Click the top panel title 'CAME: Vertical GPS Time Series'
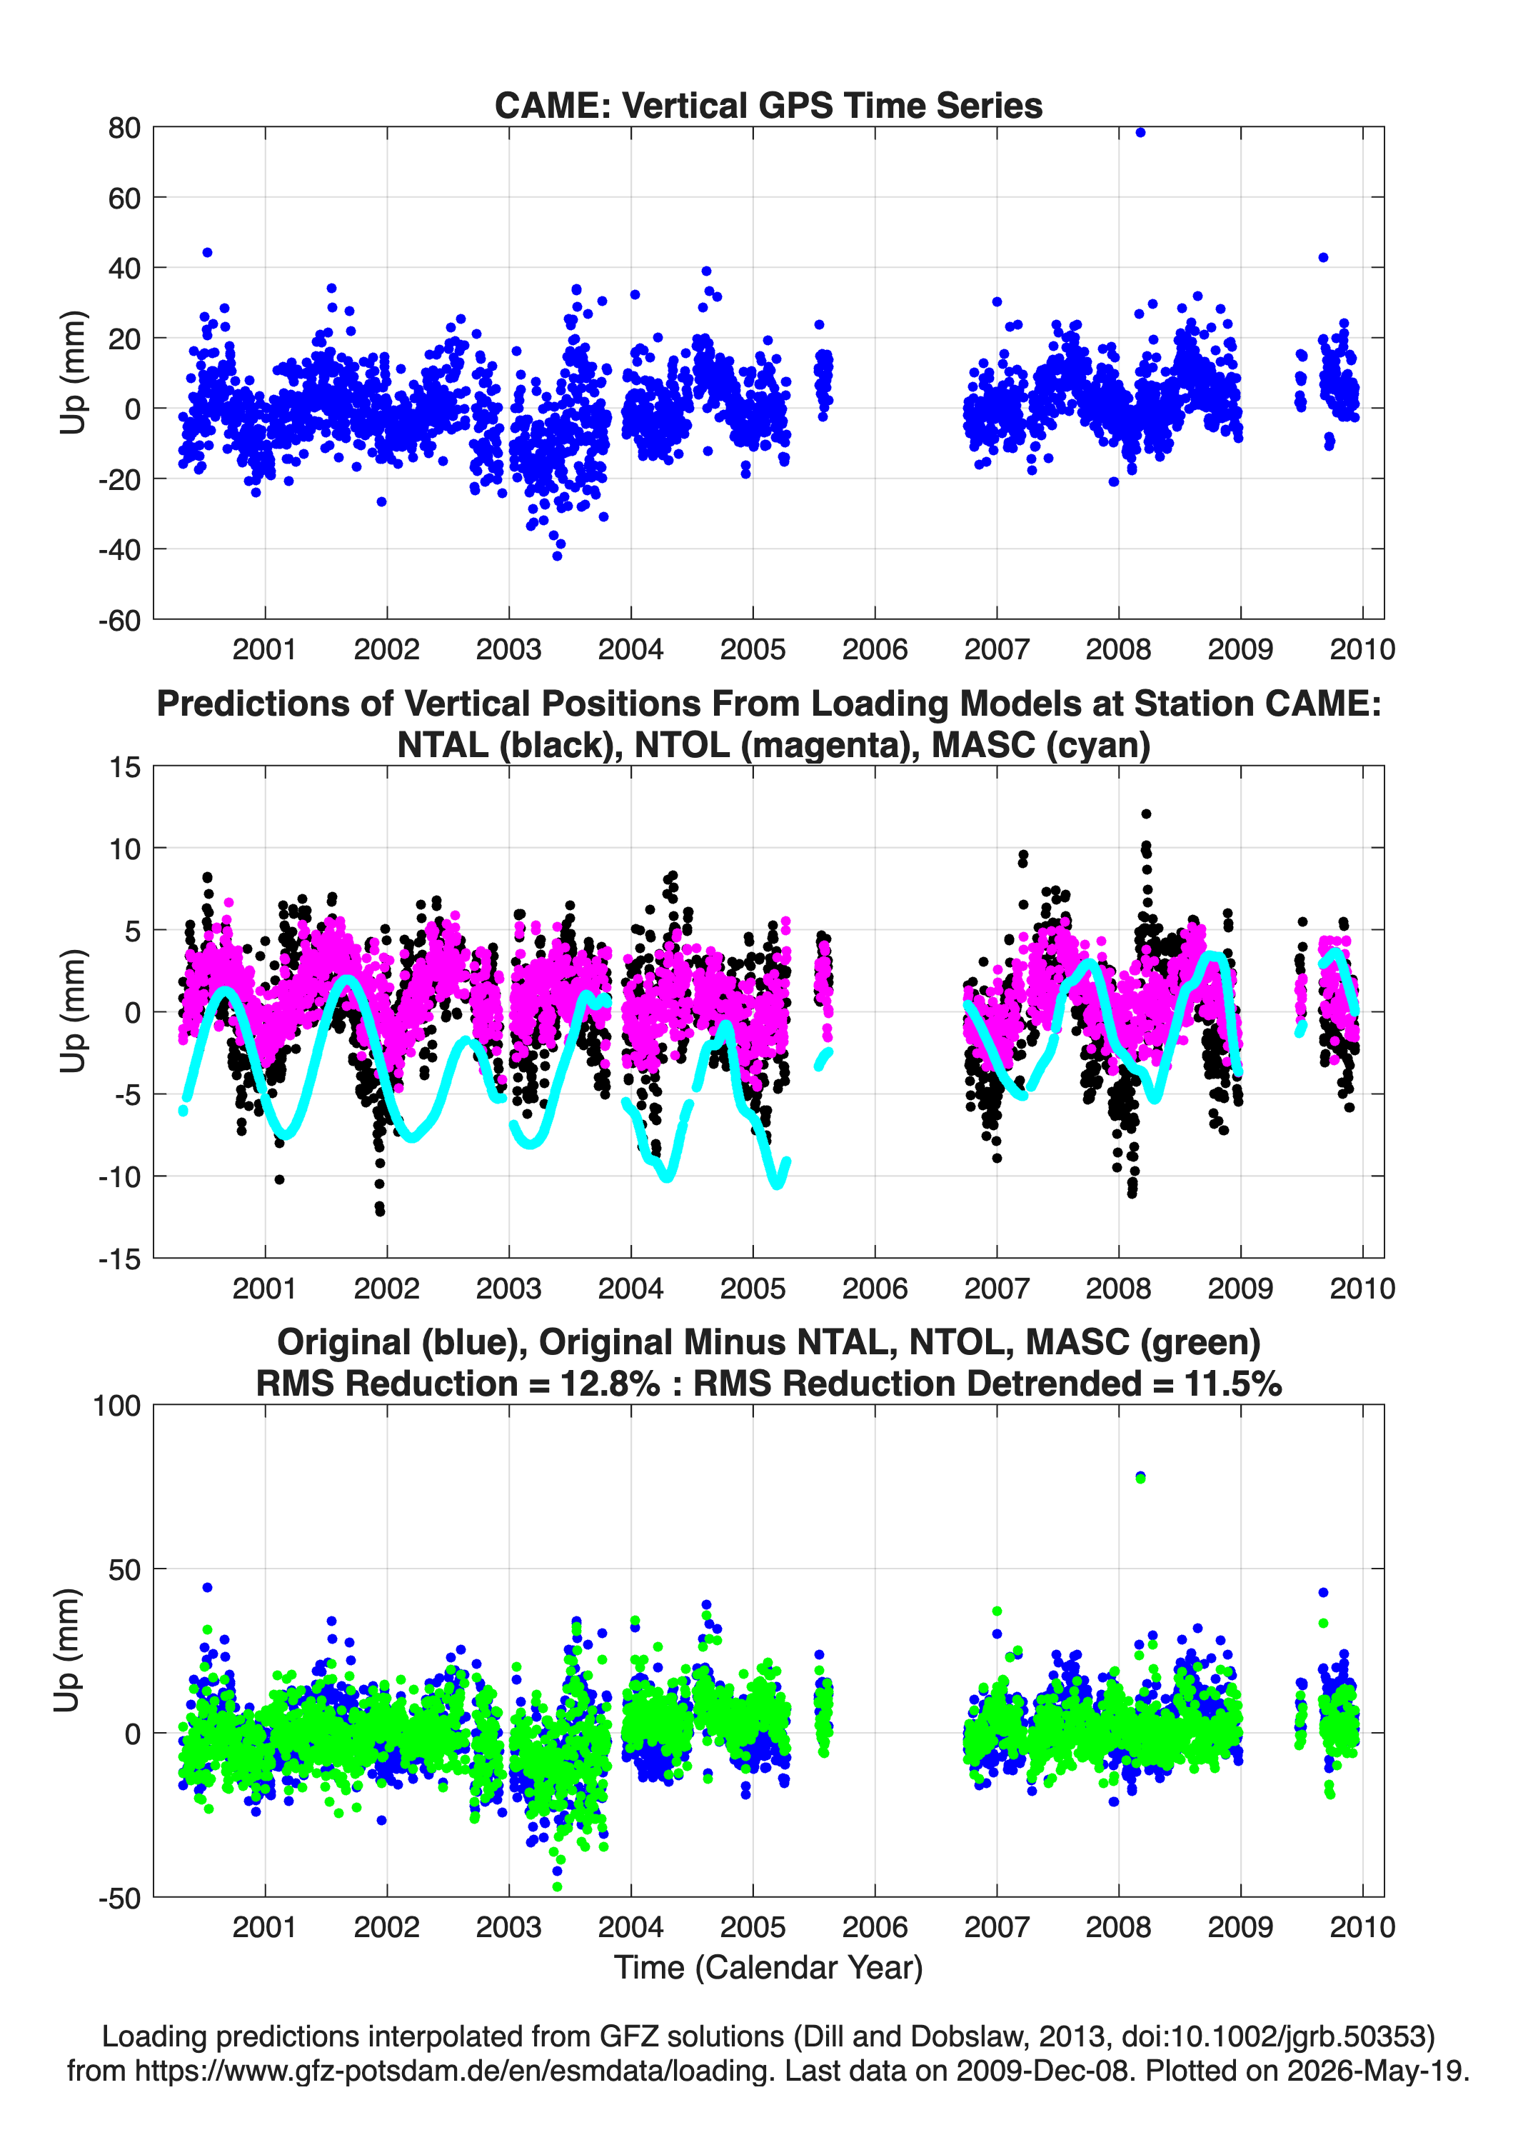coord(768,105)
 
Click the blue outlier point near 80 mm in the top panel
coord(1140,132)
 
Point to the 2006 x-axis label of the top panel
coord(874,649)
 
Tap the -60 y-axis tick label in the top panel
coord(119,620)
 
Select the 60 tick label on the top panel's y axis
coord(124,198)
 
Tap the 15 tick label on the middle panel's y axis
coord(125,767)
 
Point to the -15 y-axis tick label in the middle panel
coord(119,1259)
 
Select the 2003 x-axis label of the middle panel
coord(508,1289)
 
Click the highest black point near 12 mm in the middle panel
coord(1145,814)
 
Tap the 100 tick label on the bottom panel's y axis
coord(116,1406)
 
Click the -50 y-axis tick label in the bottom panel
coord(119,1898)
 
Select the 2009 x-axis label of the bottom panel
coord(1240,1927)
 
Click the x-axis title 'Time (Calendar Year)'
coord(768,1968)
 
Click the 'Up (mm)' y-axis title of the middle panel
coord(72,1011)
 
